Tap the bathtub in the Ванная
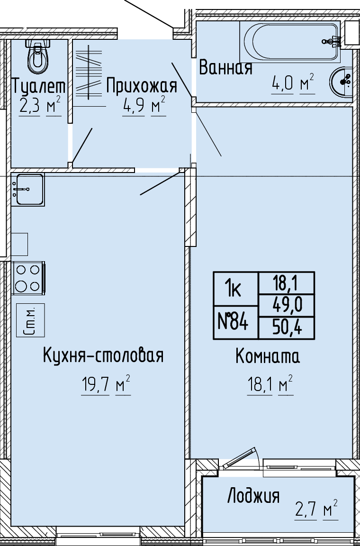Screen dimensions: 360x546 290,42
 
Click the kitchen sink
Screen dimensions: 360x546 28,190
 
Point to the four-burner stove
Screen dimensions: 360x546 28,278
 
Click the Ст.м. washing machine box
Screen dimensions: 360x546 31,320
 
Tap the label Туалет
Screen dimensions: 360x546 39,86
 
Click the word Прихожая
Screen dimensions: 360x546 142,86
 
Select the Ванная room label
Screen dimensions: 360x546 225,68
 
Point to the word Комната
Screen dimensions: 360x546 268,356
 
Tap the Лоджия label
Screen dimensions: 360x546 253,496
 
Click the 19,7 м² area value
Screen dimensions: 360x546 106,385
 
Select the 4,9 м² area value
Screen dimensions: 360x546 144,106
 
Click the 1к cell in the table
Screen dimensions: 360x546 235,289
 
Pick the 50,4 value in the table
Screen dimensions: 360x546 287,328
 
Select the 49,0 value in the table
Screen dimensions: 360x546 287,306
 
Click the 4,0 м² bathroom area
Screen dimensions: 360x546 293,84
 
